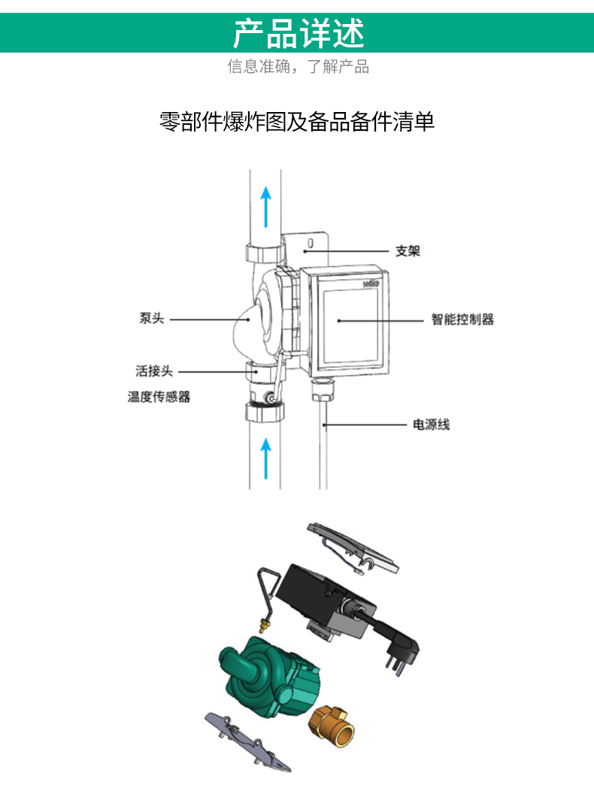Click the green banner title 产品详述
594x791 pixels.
299,33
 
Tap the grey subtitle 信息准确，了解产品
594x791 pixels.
298,66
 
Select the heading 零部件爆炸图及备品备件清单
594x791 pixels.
297,122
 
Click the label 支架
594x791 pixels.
408,250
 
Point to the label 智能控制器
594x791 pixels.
462,320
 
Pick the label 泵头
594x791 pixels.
152,318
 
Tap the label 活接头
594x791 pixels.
154,371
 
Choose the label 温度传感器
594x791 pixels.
159,396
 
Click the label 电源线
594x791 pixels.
431,425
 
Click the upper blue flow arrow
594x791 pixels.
266,206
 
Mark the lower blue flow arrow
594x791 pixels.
266,458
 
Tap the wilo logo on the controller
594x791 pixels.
371,283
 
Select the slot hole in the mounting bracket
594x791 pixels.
311,243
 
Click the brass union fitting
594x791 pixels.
331,726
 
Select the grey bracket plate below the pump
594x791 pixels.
247,742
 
